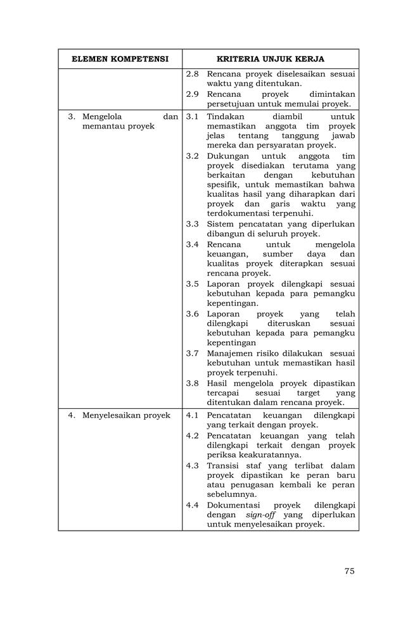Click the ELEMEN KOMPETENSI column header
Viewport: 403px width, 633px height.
tap(120, 59)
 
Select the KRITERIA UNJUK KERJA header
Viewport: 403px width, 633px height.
tap(271, 59)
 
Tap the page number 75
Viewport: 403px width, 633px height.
tap(349, 571)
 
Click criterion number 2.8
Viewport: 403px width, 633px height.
tap(193, 74)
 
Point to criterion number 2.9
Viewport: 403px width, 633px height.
tap(193, 94)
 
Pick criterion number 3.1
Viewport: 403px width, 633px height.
tap(193, 116)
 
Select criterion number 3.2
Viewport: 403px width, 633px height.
tap(193, 156)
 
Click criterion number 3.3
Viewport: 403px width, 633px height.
tap(193, 224)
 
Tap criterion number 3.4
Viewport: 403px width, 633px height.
tap(193, 244)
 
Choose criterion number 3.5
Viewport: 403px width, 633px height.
tap(193, 284)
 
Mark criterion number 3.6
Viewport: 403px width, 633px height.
tap(193, 314)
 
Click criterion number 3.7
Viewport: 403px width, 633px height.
tap(193, 353)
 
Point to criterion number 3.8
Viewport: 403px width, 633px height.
tap(193, 384)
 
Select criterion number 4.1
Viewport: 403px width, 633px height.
tap(193, 415)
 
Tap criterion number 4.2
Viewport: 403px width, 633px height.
tap(193, 436)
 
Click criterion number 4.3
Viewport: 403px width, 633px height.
tap(193, 466)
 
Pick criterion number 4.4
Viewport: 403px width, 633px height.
tap(193, 505)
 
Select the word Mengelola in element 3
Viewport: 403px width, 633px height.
tap(102, 116)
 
